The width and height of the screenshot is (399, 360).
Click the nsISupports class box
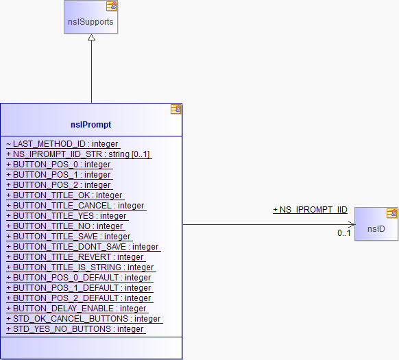click(91, 17)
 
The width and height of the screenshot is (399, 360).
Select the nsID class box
click(376, 224)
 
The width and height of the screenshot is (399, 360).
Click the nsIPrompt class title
click(91, 125)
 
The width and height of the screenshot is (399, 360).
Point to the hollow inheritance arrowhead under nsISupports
click(91, 38)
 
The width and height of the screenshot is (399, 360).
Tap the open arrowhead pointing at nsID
click(352, 224)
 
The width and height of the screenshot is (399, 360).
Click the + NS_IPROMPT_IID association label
click(310, 210)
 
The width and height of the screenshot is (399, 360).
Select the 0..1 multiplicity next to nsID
click(343, 233)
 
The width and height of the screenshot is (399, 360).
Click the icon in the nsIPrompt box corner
click(176, 109)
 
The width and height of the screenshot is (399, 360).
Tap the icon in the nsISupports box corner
click(112, 6)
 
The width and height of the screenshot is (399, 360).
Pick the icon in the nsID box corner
click(392, 213)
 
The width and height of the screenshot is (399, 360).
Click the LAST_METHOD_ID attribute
click(62, 144)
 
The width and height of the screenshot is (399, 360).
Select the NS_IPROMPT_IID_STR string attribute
click(78, 154)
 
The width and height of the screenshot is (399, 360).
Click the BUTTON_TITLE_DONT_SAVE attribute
click(82, 247)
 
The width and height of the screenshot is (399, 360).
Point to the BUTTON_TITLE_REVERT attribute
click(75, 257)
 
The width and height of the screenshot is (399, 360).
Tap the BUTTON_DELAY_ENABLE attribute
click(76, 309)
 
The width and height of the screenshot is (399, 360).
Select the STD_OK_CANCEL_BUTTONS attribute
click(83, 319)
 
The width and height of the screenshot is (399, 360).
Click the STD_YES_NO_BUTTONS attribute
click(75, 329)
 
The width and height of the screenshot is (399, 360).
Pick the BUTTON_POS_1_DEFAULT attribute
click(78, 288)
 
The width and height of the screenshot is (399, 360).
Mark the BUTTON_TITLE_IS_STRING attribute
click(80, 267)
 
